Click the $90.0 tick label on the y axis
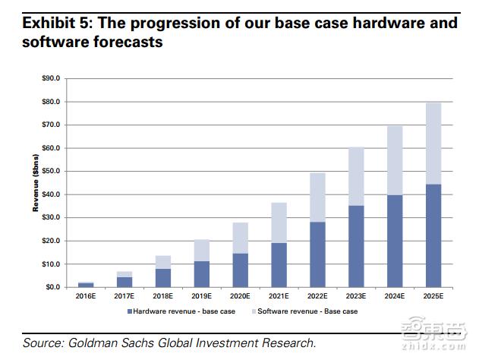pos(49,78)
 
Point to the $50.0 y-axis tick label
pos(49,171)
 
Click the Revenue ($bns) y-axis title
pos(36,183)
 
